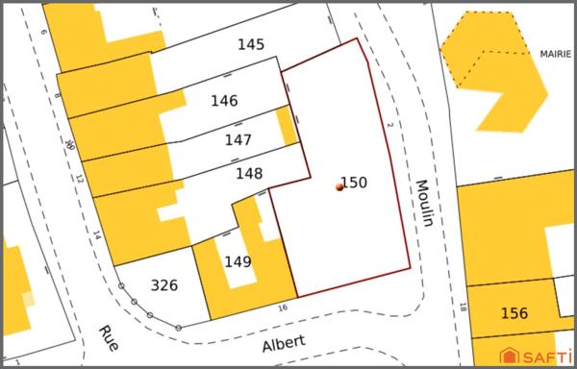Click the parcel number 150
coord(354,182)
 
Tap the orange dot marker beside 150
coord(339,187)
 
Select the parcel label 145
coord(250,44)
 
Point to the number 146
coord(224,100)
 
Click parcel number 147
coord(238,140)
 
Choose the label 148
coord(249,174)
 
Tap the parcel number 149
coord(238,261)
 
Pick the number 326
coord(164,284)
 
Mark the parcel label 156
coord(514,313)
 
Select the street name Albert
coord(284,341)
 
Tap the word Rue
coord(107,339)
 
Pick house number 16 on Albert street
coord(283,307)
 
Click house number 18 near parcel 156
coord(463,308)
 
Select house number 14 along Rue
coord(97,234)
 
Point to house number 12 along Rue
coord(79,179)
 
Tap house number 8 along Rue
coord(58,96)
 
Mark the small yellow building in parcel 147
coord(286,126)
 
